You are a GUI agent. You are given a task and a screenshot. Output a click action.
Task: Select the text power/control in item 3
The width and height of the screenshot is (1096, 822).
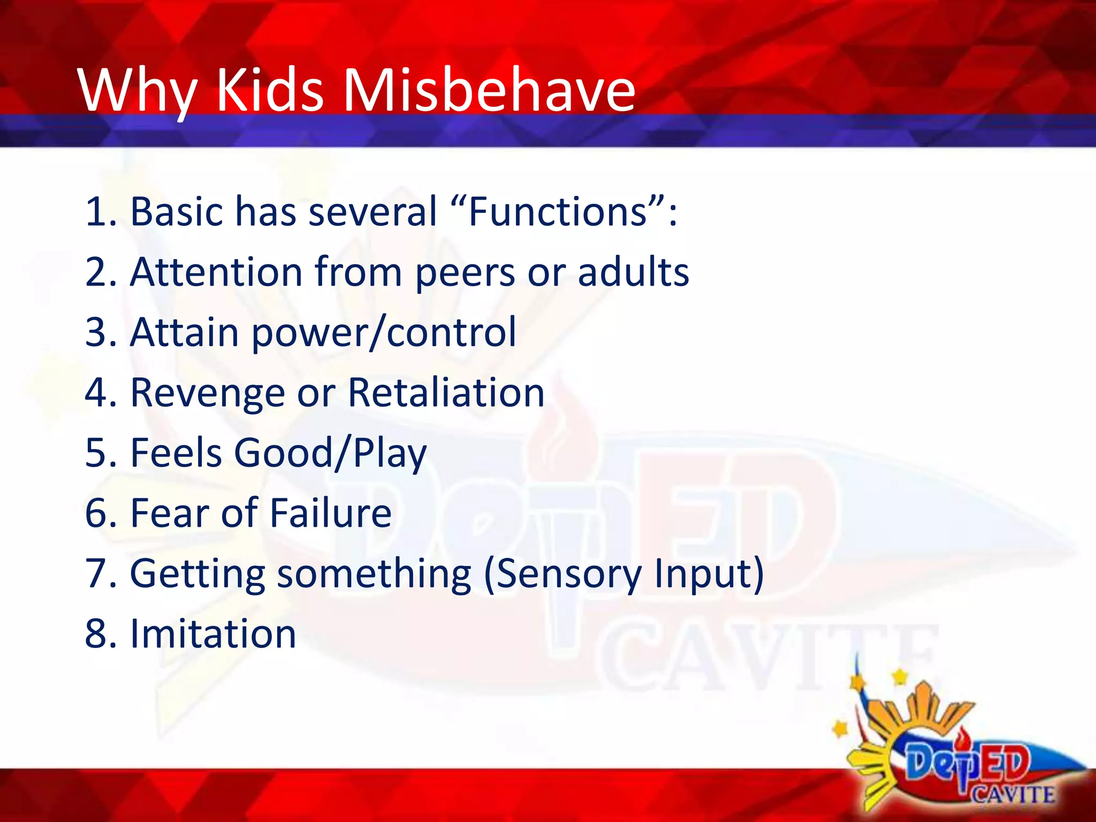pos(384,333)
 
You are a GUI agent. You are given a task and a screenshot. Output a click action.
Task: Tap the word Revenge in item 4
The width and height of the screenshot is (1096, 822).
pos(207,393)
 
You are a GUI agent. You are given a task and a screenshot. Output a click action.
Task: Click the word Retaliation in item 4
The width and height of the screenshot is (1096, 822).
pos(446,393)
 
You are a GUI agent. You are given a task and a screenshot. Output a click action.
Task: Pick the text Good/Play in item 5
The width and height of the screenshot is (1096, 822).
pos(330,454)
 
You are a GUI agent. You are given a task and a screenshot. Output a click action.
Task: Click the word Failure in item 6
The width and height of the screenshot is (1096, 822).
pos(330,513)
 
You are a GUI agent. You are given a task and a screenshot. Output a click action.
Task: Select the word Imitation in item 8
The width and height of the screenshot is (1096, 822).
pos(212,634)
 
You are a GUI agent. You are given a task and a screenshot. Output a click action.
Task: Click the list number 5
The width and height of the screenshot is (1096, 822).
pos(97,453)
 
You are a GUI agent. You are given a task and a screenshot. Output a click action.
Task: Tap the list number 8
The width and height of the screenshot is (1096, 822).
pos(97,634)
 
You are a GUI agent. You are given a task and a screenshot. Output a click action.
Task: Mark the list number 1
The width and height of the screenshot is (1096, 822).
pos(97,212)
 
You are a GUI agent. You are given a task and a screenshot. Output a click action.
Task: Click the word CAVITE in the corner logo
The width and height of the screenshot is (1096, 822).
pos(1012,794)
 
